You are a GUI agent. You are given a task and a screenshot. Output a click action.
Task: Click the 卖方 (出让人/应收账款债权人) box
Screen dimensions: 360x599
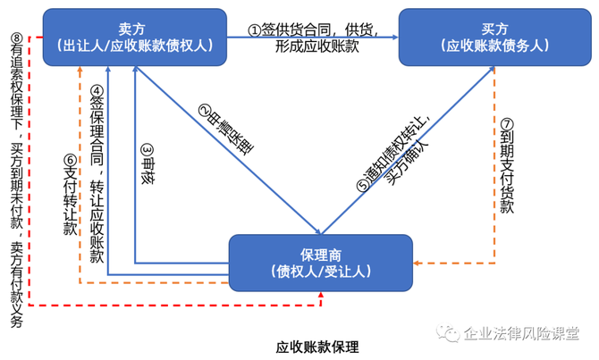coord(132,38)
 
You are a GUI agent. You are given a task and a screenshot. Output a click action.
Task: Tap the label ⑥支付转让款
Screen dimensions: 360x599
coord(70,192)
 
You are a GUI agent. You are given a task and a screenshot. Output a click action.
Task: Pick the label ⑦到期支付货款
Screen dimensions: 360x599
coord(507,165)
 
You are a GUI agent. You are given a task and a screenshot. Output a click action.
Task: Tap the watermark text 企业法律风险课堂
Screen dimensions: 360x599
coord(519,332)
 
